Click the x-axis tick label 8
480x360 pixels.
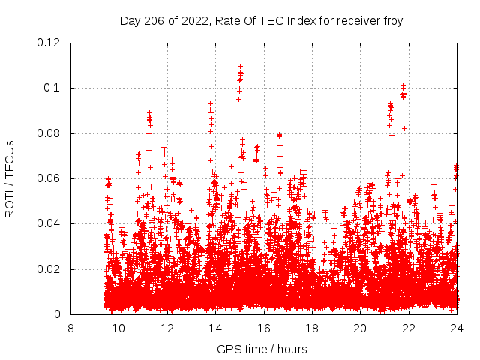70,328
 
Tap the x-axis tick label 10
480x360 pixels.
118,328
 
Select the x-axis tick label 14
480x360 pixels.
215,328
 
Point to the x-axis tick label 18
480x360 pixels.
312,328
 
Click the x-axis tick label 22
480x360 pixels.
408,328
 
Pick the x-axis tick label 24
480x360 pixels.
457,328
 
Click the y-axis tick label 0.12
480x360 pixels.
49,43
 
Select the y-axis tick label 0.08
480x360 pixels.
49,133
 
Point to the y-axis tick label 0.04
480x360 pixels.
49,223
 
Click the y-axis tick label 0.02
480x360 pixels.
49,269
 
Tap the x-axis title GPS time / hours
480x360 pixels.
262,349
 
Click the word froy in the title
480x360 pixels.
392,20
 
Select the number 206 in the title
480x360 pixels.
155,20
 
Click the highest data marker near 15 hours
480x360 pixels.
240,66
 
